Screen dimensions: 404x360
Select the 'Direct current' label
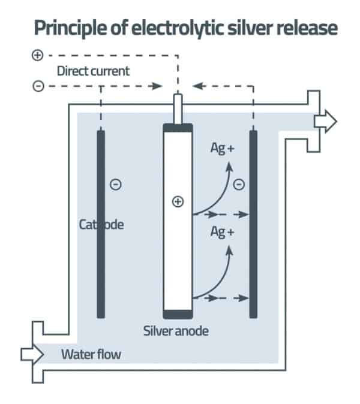[x=93, y=70]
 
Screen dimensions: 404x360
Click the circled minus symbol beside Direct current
[x=38, y=86]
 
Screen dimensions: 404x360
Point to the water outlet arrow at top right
[x=326, y=121]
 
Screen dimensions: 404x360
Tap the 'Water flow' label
[x=91, y=354]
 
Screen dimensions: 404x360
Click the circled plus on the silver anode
[x=178, y=201]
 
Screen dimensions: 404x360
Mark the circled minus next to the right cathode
[x=238, y=185]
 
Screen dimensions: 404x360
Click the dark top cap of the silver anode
[x=178, y=128]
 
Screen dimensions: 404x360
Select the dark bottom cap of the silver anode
[x=178, y=314]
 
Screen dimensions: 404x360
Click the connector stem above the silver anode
[x=178, y=108]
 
